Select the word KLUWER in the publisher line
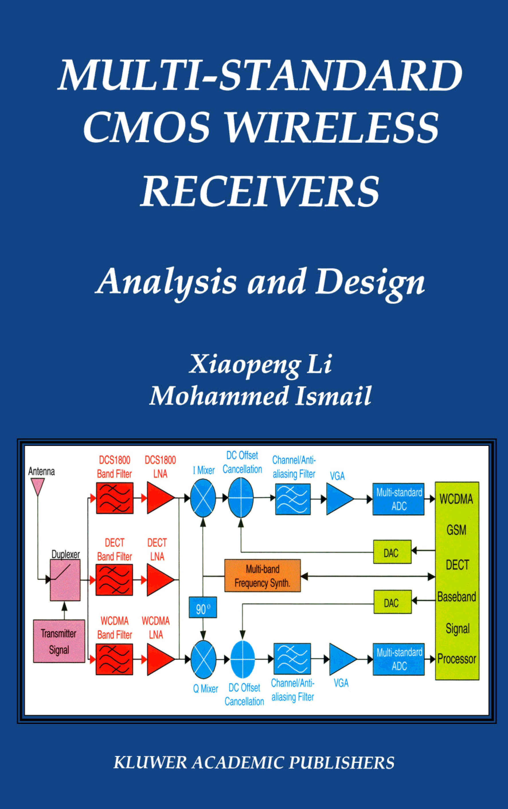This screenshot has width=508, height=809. pyautogui.click(x=150, y=763)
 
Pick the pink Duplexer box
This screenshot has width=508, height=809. pyautogui.click(x=65, y=580)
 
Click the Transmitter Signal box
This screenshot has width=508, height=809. pyautogui.click(x=59, y=641)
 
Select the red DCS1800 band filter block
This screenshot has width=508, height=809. pyautogui.click(x=115, y=498)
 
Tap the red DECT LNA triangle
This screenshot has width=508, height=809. pyautogui.click(x=159, y=580)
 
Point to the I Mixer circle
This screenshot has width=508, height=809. pyautogui.click(x=203, y=498)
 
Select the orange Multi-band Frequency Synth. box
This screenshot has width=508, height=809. pyautogui.click(x=262, y=576)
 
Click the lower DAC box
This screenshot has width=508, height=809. pyautogui.click(x=392, y=602)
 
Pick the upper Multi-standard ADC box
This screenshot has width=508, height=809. pyautogui.click(x=398, y=499)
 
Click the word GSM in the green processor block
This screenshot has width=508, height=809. pyautogui.click(x=456, y=530)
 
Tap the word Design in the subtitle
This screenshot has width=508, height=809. pyautogui.click(x=370, y=282)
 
